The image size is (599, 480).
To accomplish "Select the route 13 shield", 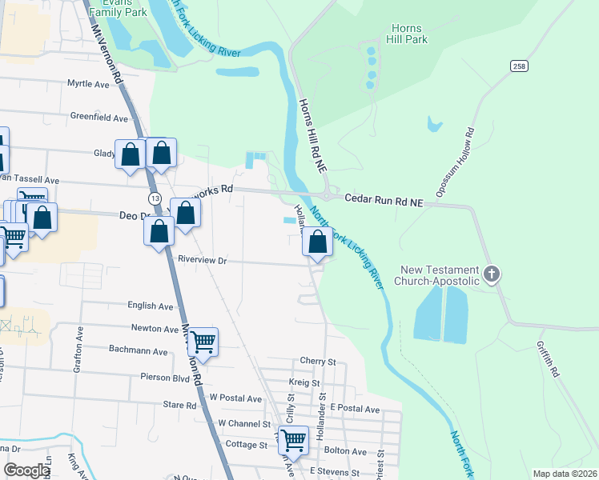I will pyautogui.click(x=155, y=198).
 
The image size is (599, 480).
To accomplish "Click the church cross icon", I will pyautogui.click(x=492, y=274).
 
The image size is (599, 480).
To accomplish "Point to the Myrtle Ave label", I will pyautogui.click(x=88, y=83).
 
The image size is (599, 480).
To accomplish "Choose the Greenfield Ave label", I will pyautogui.click(x=99, y=118).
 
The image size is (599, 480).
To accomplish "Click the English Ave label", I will pyautogui.click(x=151, y=306).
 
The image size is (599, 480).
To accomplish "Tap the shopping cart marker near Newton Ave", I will pyautogui.click(x=203, y=342).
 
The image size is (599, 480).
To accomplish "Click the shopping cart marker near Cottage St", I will pyautogui.click(x=294, y=439).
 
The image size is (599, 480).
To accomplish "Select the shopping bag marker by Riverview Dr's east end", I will pyautogui.click(x=318, y=241).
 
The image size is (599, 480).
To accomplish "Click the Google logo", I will pyautogui.click(x=26, y=470).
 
